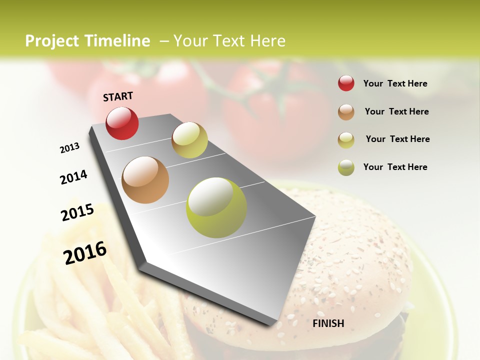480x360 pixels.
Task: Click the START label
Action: point(118,96)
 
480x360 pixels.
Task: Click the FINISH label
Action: point(328,323)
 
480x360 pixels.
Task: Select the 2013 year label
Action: point(70,148)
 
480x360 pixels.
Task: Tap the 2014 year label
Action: point(73,177)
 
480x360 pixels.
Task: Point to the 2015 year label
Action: point(77,212)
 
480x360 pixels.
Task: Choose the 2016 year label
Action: point(85,252)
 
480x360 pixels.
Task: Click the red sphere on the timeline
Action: point(122,123)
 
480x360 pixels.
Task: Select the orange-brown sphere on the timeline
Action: point(145,180)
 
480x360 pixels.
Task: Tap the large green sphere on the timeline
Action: point(216,207)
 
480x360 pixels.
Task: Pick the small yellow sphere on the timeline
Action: point(189,140)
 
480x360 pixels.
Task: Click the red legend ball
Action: point(346,83)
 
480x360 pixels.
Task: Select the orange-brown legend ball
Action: point(346,112)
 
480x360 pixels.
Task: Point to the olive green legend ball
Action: point(346,167)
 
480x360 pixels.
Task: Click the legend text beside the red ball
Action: point(395,83)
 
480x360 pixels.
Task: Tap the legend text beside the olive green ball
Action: point(395,167)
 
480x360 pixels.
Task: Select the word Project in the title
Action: point(52,41)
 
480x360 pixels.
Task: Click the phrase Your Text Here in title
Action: point(229,41)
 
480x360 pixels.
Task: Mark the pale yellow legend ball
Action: point(346,140)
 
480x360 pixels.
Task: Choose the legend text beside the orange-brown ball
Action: point(396,111)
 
